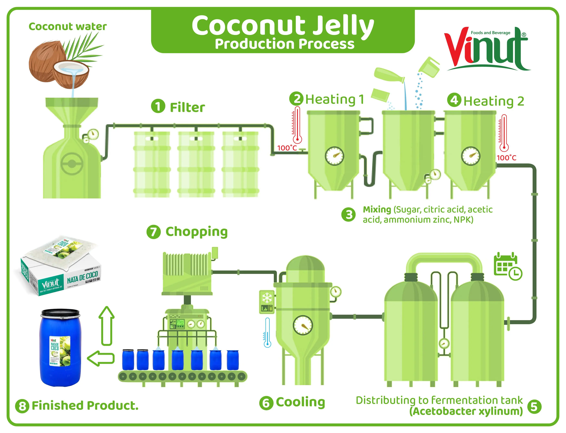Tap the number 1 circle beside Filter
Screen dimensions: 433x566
pos(158,106)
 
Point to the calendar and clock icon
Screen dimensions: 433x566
pos(507,266)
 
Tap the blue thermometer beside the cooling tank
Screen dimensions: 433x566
pos(267,332)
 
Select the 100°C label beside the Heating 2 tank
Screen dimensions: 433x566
pos(506,158)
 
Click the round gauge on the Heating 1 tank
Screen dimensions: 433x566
pos(334,156)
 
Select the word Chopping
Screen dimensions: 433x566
pos(196,232)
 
